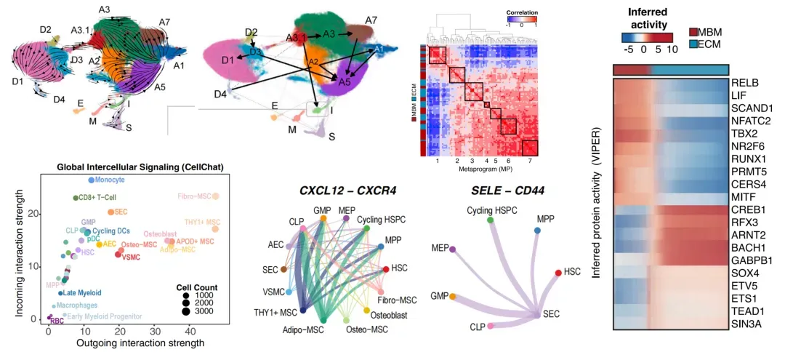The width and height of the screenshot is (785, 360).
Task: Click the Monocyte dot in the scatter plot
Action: pos(91,180)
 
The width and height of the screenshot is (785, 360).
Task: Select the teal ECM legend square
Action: pos(693,45)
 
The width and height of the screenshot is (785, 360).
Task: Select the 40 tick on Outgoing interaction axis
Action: pos(190,330)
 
